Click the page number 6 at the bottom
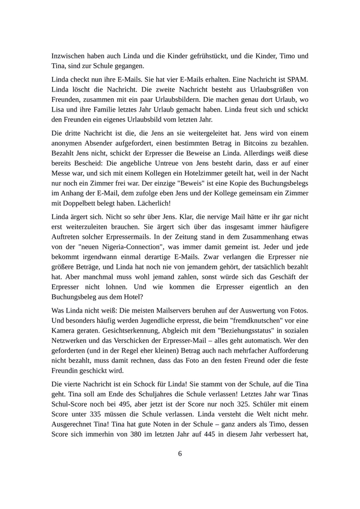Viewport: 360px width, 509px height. click(180, 453)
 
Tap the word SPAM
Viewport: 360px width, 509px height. click(296, 81)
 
